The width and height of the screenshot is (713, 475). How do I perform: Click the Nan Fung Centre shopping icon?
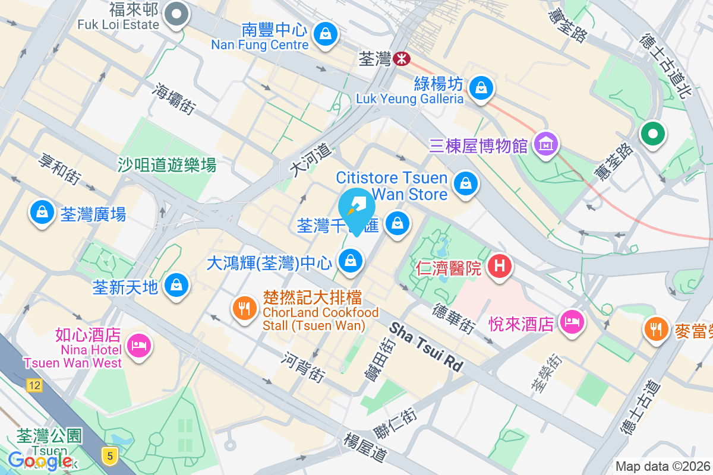click(326, 34)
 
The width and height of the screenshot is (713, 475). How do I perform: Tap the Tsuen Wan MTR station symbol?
click(402, 58)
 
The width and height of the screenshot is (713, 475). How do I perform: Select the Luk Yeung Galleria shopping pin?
click(482, 88)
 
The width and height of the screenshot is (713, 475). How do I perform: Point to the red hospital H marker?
click(500, 266)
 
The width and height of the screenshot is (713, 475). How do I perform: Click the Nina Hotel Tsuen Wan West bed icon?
click(139, 344)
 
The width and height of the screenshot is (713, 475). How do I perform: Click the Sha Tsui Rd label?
click(426, 347)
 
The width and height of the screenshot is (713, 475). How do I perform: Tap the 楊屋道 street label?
click(365, 448)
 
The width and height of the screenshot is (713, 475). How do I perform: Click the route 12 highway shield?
click(34, 386)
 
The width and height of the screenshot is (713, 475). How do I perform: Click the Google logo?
click(40, 461)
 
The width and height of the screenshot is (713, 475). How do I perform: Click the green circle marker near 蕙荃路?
click(652, 134)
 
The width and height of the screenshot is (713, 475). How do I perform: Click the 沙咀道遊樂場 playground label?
click(167, 164)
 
